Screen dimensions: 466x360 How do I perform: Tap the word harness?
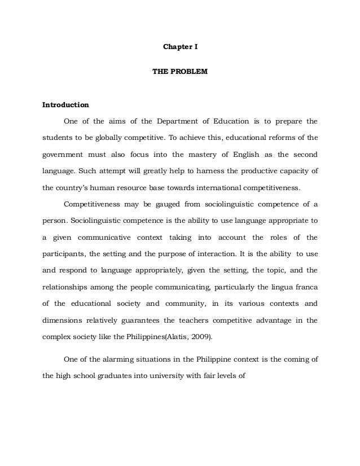(190, 170)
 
